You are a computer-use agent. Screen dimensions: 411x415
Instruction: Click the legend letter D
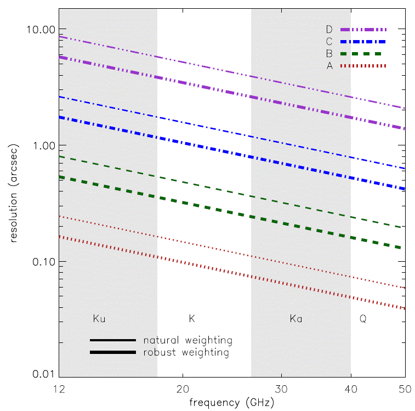(x=329, y=29)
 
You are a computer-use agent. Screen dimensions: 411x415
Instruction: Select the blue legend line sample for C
(x=363, y=42)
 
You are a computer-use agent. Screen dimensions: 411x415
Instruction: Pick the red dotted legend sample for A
(x=363, y=66)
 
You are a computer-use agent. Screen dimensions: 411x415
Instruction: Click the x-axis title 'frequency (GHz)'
(x=230, y=402)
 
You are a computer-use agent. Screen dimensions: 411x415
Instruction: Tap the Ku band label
(x=99, y=318)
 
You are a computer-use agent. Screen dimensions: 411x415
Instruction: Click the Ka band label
(x=296, y=318)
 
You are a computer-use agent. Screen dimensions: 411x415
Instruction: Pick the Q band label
(x=362, y=318)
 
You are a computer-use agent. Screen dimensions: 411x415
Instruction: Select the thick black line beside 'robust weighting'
(x=113, y=352)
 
